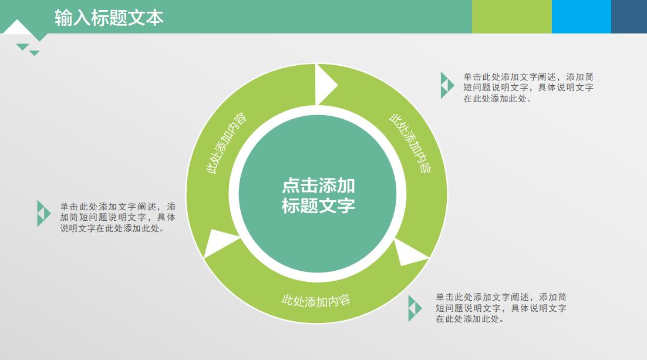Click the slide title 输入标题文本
(x=109, y=18)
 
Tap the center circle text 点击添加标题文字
(x=318, y=196)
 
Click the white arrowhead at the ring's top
(x=325, y=85)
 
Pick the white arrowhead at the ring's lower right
(x=410, y=253)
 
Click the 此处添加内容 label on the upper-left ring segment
(x=227, y=143)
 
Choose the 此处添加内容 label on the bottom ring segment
(x=316, y=300)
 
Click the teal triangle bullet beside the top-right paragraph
(x=447, y=85)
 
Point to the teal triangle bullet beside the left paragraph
(x=43, y=213)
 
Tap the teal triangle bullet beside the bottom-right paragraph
(x=415, y=308)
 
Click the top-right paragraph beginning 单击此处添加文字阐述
(x=528, y=88)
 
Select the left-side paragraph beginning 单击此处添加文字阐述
(x=117, y=217)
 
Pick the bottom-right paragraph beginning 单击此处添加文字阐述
(x=500, y=308)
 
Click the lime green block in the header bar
(x=511, y=16)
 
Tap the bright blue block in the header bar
(x=581, y=16)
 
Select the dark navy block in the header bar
(x=629, y=16)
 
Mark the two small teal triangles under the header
(x=28, y=49)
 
